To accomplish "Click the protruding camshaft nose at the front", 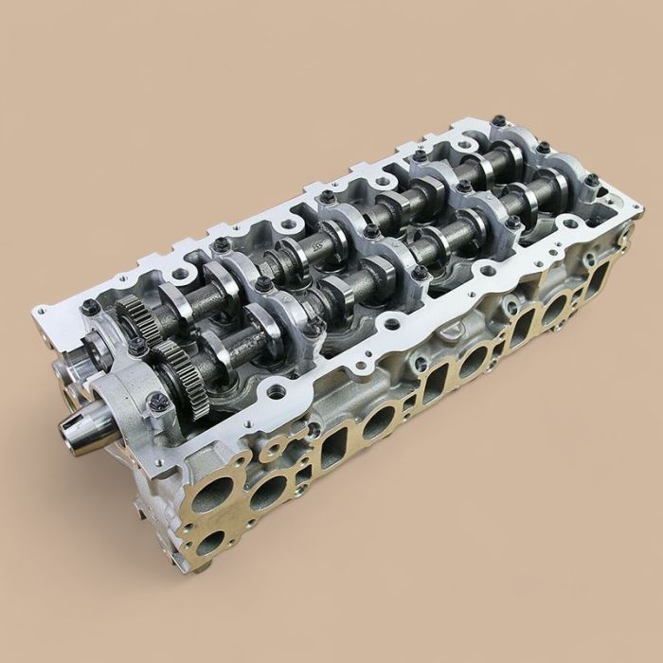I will click(x=81, y=432).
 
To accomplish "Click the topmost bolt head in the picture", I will click(x=498, y=121).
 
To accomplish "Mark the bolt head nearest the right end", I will click(x=591, y=180).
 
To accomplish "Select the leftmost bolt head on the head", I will click(x=91, y=307).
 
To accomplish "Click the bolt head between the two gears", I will click(x=139, y=349).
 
